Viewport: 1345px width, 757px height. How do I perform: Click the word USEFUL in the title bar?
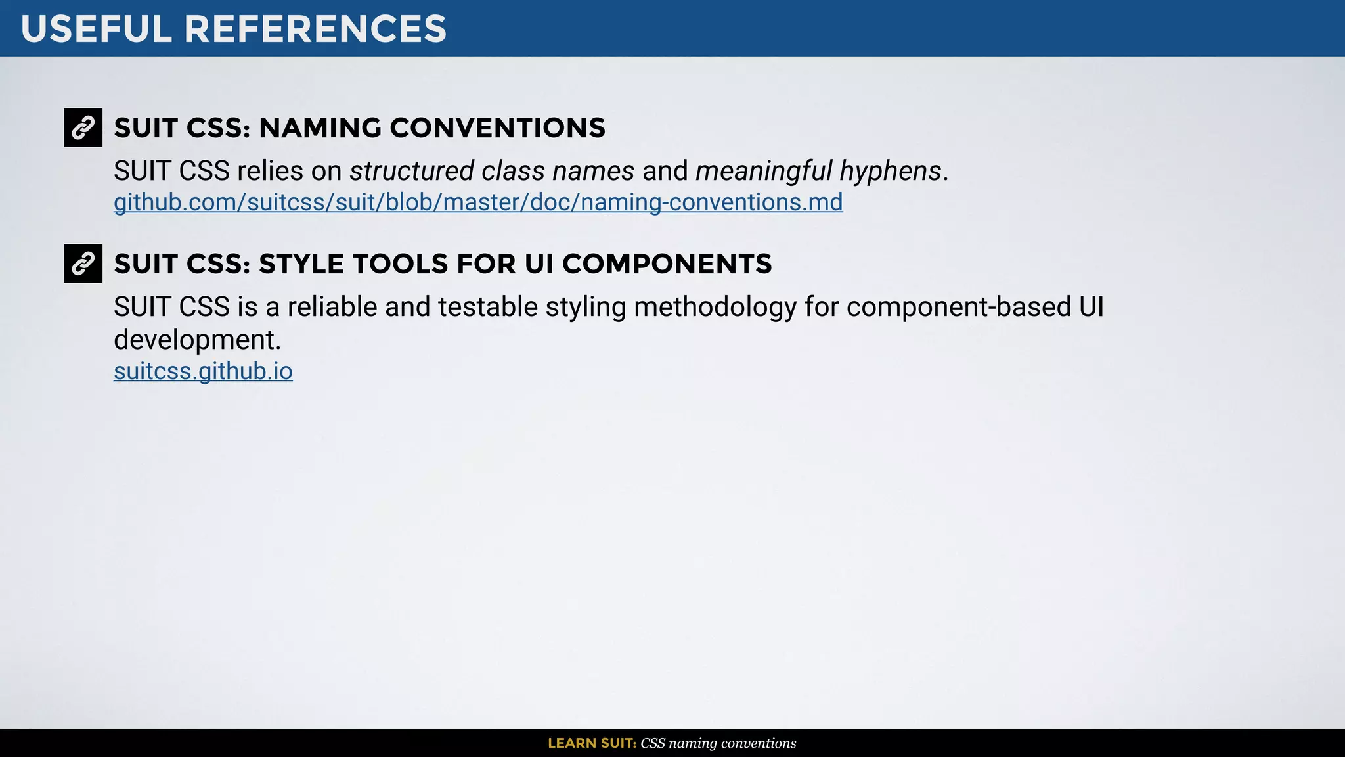coord(96,30)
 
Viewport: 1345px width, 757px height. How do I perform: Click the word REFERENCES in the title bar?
coord(315,30)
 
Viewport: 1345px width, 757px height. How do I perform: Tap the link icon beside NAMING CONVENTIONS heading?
coord(83,127)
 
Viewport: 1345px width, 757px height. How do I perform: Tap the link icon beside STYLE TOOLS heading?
coord(83,264)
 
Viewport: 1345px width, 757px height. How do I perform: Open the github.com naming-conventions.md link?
coord(477,202)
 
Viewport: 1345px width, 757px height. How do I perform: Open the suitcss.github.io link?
coord(203,371)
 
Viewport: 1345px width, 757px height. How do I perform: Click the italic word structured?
coord(411,171)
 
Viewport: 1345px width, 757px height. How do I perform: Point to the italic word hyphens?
coord(891,171)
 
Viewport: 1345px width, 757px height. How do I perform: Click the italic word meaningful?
coord(763,171)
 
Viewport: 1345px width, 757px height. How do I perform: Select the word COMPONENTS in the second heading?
coord(667,264)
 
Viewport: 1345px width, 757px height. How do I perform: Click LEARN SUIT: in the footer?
coord(592,743)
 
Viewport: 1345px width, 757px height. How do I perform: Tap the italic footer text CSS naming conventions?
coord(718,743)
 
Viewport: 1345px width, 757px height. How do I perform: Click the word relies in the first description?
coord(270,171)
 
